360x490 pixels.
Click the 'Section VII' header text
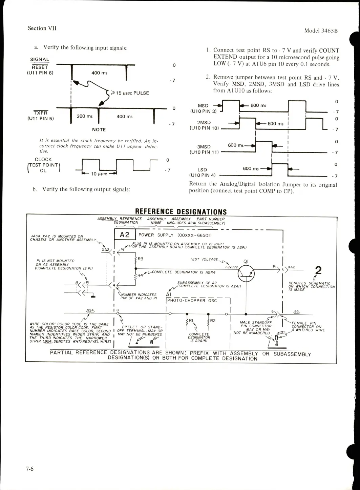(x=42, y=28)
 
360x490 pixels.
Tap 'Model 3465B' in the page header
(x=321, y=30)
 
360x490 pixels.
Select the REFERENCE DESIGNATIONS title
(x=181, y=212)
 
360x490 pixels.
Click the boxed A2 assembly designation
(x=125, y=235)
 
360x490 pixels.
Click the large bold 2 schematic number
(x=318, y=270)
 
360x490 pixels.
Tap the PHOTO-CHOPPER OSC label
(x=192, y=301)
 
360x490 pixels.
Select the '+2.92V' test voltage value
(x=232, y=267)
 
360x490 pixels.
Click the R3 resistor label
(x=141, y=259)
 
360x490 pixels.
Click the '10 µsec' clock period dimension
(x=99, y=174)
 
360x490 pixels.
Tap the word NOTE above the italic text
(x=99, y=129)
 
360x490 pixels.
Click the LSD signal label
(x=202, y=169)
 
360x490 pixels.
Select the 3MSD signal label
(x=204, y=147)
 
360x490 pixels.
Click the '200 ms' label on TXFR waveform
(x=84, y=116)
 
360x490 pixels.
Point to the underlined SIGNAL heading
(x=40, y=59)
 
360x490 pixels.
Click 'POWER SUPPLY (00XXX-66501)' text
(x=175, y=235)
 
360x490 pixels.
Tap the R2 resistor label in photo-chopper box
(x=213, y=321)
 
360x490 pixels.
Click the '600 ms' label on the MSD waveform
(x=258, y=105)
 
